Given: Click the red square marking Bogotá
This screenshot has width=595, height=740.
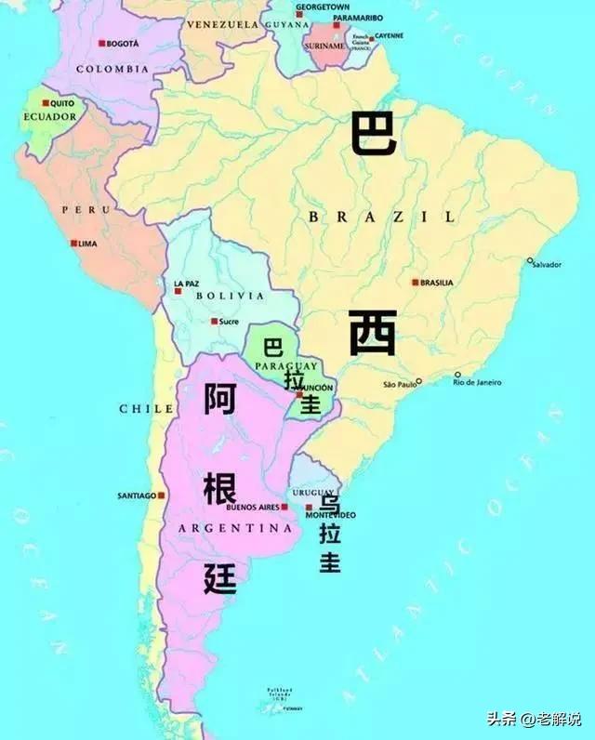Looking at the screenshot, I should [x=101, y=44].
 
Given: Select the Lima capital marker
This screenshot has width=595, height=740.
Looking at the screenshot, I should [x=74, y=244].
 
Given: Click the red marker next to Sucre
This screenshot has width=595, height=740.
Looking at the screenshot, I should [x=214, y=322].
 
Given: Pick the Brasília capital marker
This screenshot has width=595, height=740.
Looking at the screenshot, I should [x=415, y=282].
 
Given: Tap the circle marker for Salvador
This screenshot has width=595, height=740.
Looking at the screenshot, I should [x=530, y=261].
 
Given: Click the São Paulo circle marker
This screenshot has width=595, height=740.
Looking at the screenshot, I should [x=418, y=380].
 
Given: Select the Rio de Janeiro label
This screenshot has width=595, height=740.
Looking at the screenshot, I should [x=477, y=382].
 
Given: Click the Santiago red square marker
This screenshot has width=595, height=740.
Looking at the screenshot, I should [x=163, y=496].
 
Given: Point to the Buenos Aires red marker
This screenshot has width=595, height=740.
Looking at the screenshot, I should [x=284, y=508].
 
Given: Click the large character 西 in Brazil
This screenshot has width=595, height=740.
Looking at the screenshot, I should [x=373, y=333].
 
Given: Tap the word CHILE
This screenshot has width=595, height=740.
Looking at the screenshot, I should [x=146, y=408].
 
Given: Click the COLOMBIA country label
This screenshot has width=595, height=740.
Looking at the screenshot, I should [x=112, y=69].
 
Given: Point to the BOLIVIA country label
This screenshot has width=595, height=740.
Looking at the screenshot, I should [x=230, y=296].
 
